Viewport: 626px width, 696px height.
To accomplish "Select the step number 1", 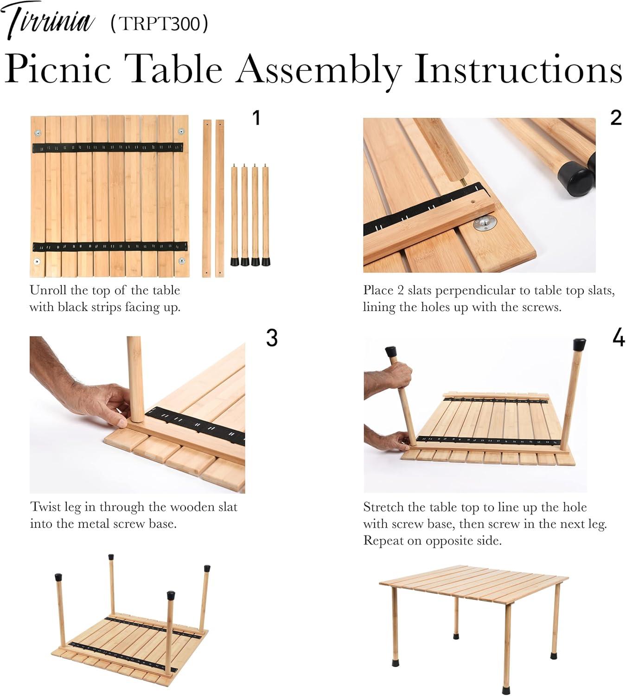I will [256, 118].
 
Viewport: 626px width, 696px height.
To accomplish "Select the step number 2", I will [615, 118].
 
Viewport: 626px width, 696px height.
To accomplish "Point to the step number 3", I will [272, 338].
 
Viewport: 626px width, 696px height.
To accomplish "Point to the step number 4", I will [619, 338].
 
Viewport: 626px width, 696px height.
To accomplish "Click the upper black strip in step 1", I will [108, 148].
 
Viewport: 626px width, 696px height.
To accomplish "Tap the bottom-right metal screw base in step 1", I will [182, 261].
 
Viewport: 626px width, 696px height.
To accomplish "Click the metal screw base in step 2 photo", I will [485, 224].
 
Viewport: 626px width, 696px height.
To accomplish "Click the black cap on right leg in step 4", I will [579, 344].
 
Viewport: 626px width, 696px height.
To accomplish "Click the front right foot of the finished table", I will [506, 690].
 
